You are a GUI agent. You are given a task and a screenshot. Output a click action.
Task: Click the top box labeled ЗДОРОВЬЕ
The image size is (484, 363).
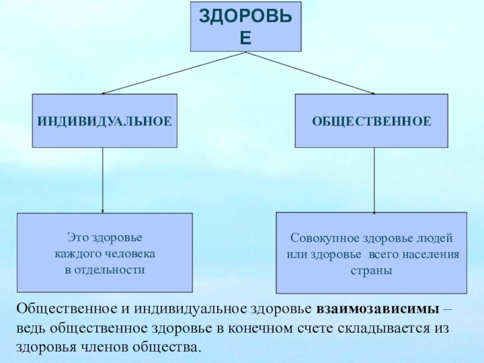click(246, 27)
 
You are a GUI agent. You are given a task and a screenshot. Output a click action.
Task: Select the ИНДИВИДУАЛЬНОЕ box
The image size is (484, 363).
click(105, 121)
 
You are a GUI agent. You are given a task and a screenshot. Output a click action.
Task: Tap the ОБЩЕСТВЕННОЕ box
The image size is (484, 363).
click(371, 121)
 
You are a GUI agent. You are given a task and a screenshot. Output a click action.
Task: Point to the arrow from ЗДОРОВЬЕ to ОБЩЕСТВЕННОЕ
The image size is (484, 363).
click(309, 73)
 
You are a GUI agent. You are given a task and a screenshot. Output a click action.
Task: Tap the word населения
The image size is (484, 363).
click(430, 254)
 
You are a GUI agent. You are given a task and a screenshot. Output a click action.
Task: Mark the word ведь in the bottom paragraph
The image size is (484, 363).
click(31, 329)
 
